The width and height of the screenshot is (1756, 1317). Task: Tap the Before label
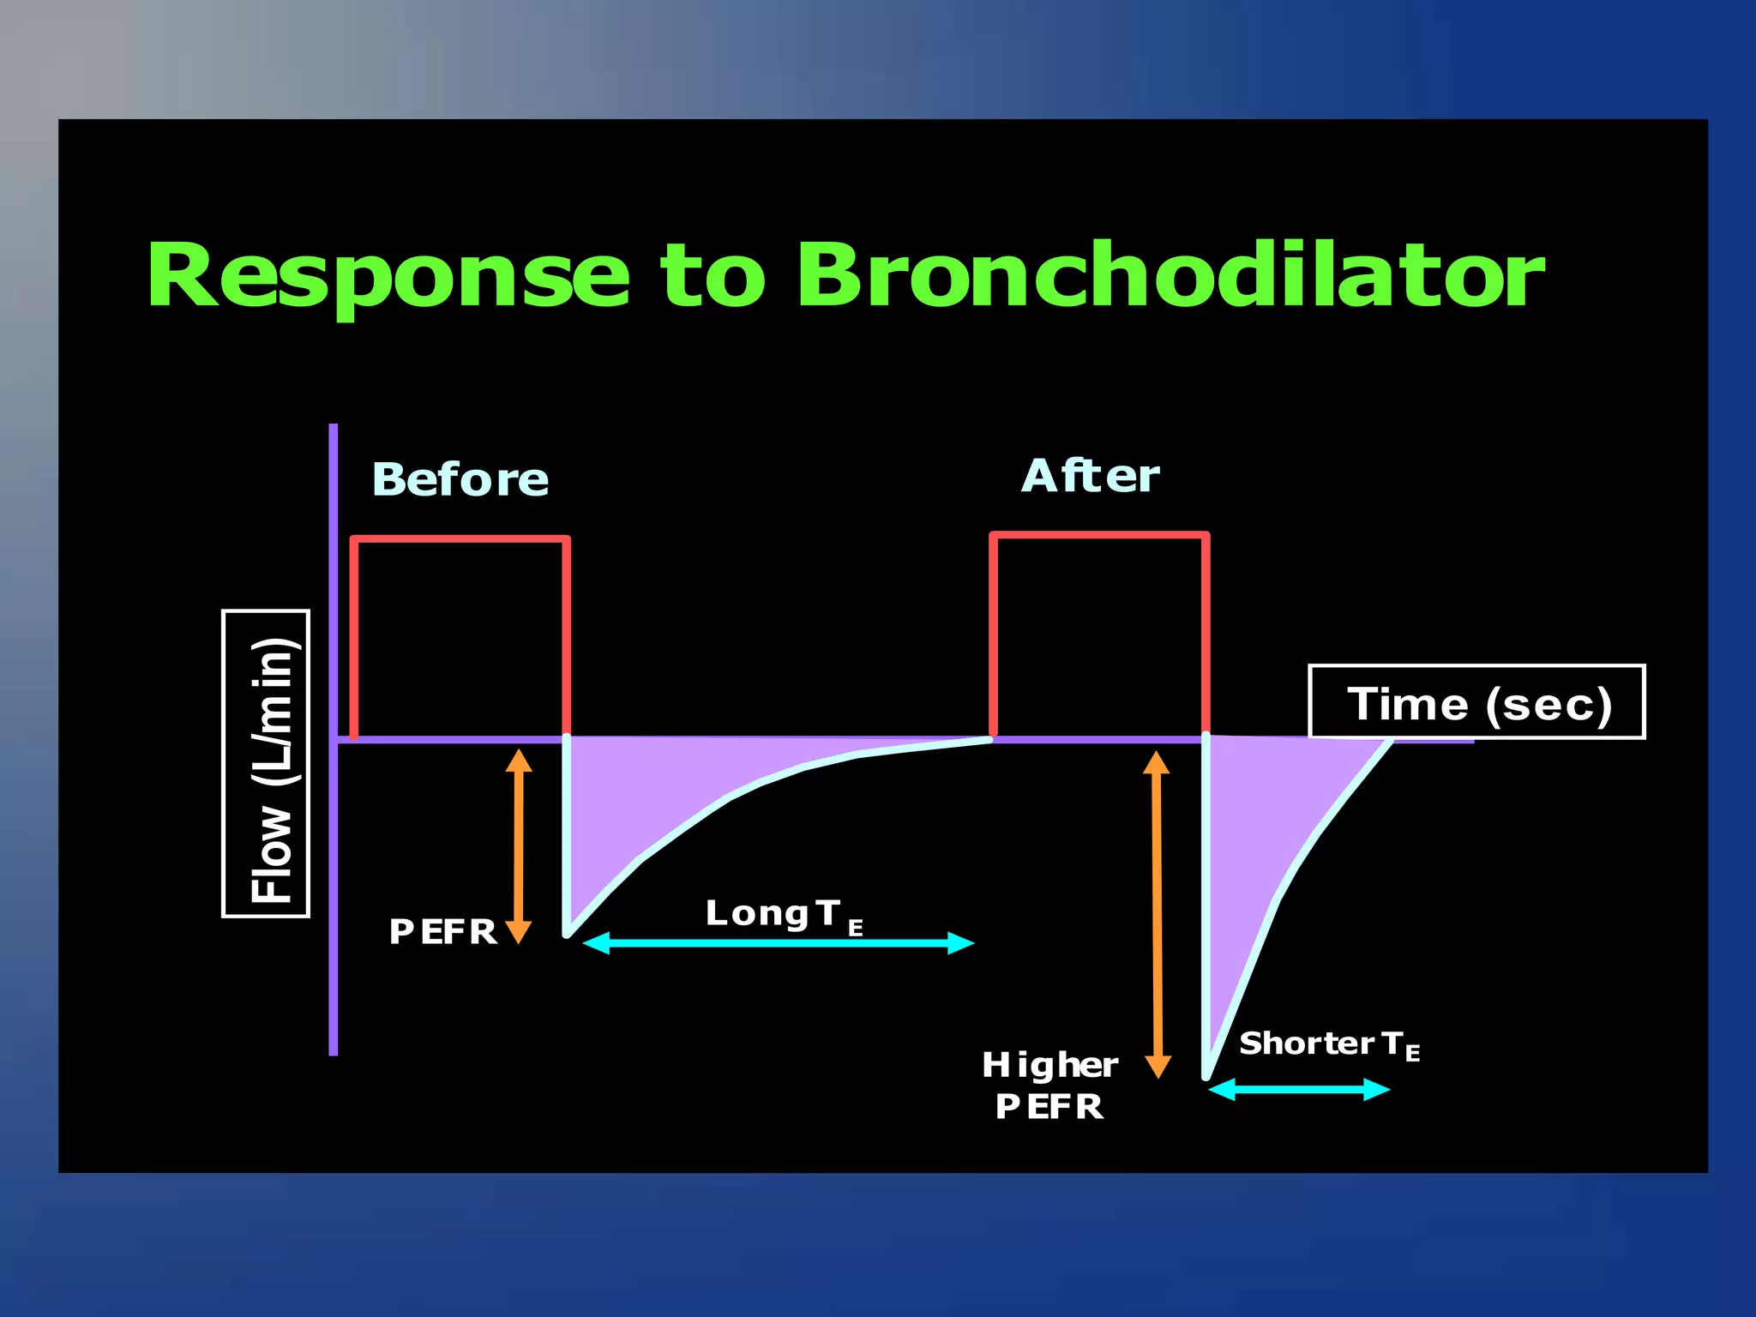pyautogui.click(x=460, y=479)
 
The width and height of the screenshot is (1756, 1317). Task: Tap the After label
pyautogui.click(x=1090, y=476)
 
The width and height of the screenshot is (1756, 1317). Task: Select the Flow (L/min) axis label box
pyautogui.click(x=267, y=764)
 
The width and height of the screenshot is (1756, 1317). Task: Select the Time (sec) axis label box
pyautogui.click(x=1476, y=702)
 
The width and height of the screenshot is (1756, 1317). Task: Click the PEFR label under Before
pyautogui.click(x=442, y=932)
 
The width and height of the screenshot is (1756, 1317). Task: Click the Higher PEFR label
pyautogui.click(x=1049, y=1085)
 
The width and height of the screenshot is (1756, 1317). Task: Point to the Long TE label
pyautogui.click(x=783, y=915)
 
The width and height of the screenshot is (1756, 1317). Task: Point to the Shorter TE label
pyautogui.click(x=1328, y=1044)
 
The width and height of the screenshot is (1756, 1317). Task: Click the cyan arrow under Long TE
pyautogui.click(x=779, y=943)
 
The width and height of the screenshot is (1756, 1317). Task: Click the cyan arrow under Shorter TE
pyautogui.click(x=1299, y=1090)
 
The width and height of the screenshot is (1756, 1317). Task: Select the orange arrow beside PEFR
pyautogui.click(x=519, y=846)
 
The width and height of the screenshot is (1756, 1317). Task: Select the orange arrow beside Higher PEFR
pyautogui.click(x=1158, y=914)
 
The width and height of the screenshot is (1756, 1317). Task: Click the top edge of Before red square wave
pyautogui.click(x=460, y=539)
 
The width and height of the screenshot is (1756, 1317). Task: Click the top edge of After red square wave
pyautogui.click(x=1099, y=536)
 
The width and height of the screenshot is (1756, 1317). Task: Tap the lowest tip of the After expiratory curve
pyautogui.click(x=1207, y=1073)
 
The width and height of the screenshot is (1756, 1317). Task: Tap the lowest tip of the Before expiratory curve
pyautogui.click(x=568, y=933)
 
